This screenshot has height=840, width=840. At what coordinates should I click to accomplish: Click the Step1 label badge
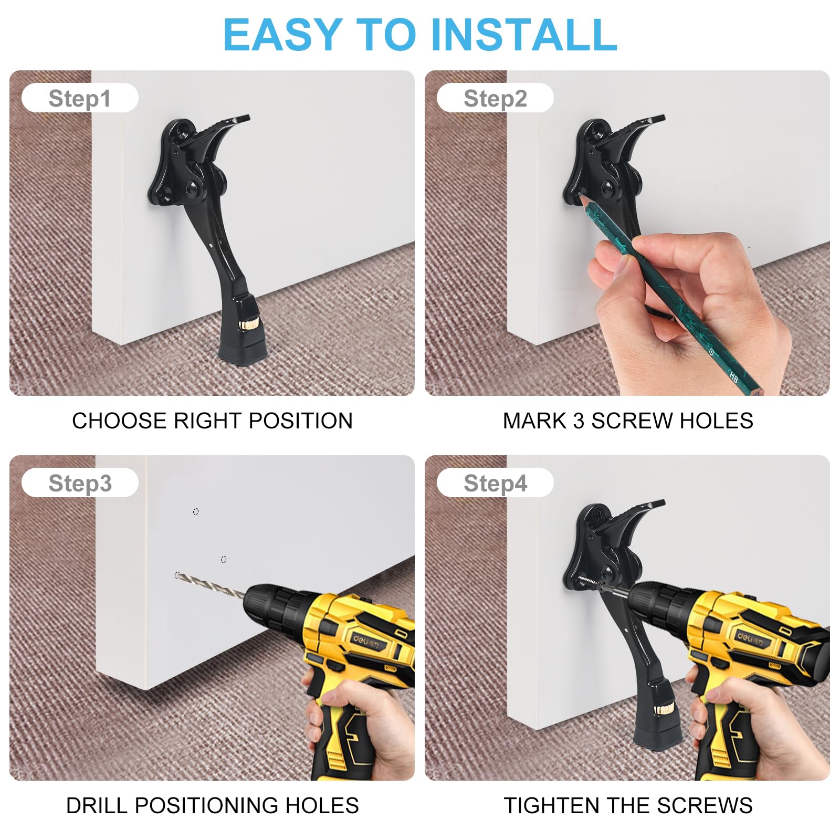coord(80,98)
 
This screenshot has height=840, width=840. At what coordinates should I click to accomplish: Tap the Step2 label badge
coord(495,98)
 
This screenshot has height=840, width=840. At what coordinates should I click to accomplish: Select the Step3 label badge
coord(80,483)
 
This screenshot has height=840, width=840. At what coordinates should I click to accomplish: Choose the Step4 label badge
coord(495,483)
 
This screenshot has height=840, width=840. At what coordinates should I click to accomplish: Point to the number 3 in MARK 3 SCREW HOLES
coord(579,421)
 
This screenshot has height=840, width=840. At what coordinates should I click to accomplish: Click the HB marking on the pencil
coord(734,377)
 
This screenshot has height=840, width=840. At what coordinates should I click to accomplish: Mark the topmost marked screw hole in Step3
coord(196,511)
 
